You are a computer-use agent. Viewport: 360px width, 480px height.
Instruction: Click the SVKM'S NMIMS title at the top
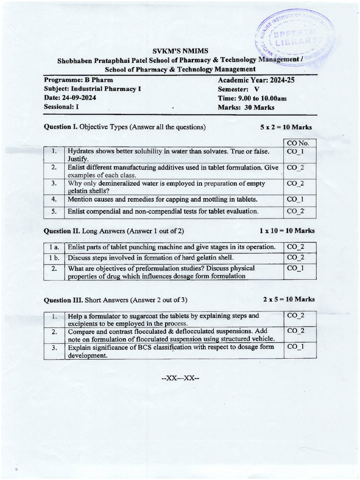(180, 51)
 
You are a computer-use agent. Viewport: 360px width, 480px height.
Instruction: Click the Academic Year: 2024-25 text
(256, 80)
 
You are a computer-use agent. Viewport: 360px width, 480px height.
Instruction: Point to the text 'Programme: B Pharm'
(78, 80)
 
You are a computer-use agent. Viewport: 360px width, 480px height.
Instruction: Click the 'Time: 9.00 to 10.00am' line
(252, 98)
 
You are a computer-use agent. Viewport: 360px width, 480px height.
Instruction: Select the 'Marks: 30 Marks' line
(246, 107)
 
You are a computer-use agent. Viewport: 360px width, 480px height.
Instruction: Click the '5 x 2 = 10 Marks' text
(286, 127)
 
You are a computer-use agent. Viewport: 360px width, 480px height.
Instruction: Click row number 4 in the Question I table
(54, 199)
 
